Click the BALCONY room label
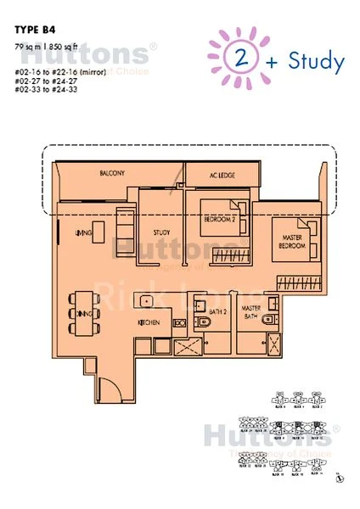coord(111,174)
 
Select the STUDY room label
coord(162,232)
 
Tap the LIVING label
coord(83,232)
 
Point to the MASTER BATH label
coord(250,313)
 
